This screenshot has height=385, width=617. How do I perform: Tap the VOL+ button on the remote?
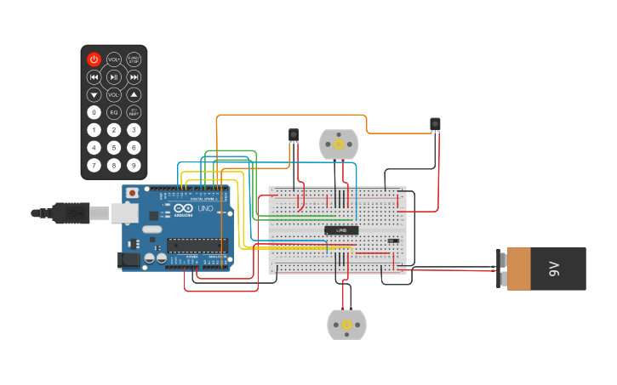(113, 59)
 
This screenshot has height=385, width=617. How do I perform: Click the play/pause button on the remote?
(113, 76)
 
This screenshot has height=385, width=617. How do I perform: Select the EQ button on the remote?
(113, 112)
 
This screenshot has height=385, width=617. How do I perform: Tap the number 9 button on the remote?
(134, 165)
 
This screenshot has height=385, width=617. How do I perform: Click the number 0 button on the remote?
(94, 112)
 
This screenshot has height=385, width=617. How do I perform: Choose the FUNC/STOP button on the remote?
(134, 59)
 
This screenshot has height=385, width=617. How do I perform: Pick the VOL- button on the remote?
(113, 94)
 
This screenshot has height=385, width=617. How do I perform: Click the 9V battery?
(545, 269)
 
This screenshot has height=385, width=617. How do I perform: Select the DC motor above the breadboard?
(338, 144)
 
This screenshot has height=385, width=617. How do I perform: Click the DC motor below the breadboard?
(346, 325)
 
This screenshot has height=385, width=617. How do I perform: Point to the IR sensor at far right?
(435, 124)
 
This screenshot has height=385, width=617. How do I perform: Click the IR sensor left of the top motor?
(294, 134)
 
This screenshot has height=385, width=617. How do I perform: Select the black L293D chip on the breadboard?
(340, 230)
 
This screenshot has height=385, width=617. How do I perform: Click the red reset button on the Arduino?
(131, 194)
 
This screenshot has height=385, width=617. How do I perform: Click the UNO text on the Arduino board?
(205, 209)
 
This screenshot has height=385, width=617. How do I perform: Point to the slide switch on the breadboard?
(393, 241)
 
